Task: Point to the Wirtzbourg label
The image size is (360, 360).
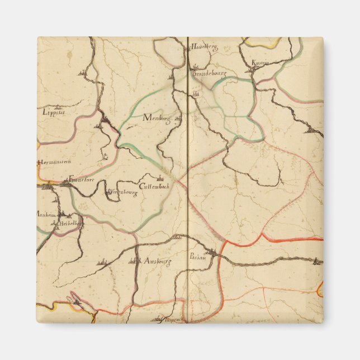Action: (122, 192)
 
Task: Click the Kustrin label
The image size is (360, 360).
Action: (260, 63)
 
